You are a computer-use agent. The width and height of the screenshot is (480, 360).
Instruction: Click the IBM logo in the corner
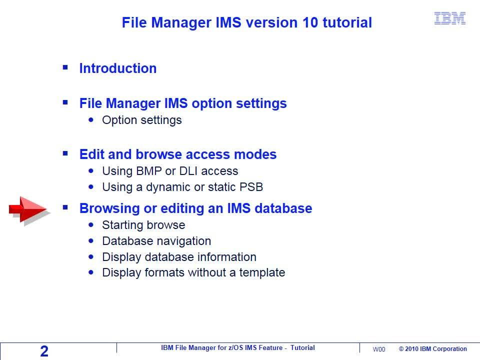[x=450, y=18]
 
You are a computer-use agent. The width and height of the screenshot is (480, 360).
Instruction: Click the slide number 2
[x=44, y=351]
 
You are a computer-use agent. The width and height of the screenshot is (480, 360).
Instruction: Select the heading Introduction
[x=118, y=68]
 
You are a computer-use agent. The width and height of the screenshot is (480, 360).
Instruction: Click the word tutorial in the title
[x=347, y=22]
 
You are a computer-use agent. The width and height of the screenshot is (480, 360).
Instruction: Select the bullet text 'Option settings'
[x=141, y=120]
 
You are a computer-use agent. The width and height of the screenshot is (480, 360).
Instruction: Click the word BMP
[x=149, y=171]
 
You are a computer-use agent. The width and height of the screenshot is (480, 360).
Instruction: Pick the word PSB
[x=251, y=187]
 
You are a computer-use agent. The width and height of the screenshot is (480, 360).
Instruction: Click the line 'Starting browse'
[x=143, y=225]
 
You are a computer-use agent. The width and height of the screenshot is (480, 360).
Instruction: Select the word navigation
[x=186, y=241]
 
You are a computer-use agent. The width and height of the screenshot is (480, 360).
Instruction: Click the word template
[x=262, y=272]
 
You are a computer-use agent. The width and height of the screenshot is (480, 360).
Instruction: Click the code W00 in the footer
[x=379, y=349]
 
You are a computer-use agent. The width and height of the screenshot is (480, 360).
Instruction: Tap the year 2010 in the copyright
[x=411, y=349]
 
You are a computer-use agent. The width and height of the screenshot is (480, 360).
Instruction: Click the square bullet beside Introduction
[x=65, y=67]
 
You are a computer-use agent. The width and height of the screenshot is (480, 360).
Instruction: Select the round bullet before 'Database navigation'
[x=91, y=241]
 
